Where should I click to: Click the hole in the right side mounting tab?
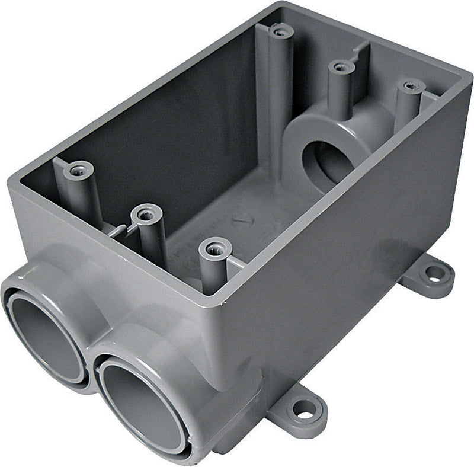tap(435, 273)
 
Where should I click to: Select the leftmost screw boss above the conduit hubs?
tap(78, 171)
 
